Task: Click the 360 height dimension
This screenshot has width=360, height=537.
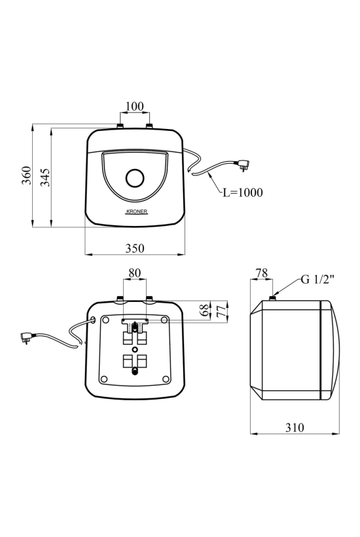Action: (x=26, y=176)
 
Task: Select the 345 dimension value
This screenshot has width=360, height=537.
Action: (x=46, y=177)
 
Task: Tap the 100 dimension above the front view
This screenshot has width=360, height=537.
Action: (x=135, y=106)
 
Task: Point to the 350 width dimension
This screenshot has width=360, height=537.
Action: (x=135, y=248)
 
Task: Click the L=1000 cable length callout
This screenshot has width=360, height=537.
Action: (x=243, y=193)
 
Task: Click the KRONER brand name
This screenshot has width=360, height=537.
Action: (x=137, y=212)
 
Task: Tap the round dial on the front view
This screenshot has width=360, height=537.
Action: (x=135, y=178)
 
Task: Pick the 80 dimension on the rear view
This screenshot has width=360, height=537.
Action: (x=134, y=273)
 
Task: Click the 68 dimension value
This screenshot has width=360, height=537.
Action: (x=204, y=310)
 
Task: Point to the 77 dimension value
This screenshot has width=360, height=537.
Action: (x=222, y=311)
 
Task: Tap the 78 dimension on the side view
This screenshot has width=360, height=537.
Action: (x=262, y=273)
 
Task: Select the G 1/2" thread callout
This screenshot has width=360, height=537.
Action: (x=317, y=280)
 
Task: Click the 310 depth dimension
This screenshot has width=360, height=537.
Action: (x=295, y=428)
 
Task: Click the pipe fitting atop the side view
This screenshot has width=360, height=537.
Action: (x=273, y=297)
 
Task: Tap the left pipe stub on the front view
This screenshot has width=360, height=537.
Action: (x=120, y=126)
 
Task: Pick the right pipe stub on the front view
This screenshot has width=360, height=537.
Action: (x=149, y=126)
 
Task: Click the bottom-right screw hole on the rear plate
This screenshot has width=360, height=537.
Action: (x=166, y=379)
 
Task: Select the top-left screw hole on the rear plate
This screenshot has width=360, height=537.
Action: (x=105, y=320)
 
